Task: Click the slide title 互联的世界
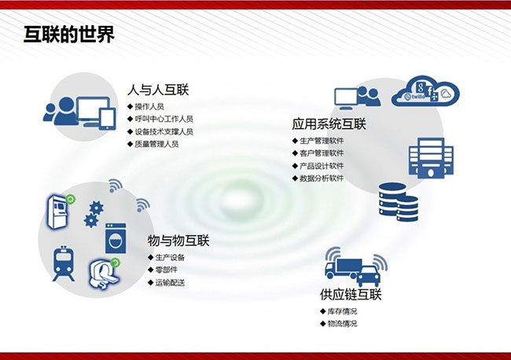pos(69,35)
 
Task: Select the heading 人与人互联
pos(158,90)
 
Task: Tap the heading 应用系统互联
pos(329,124)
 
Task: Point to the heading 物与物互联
pos(178,241)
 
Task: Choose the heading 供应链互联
pos(351,295)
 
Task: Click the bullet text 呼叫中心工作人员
pos(164,119)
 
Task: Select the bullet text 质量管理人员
pos(156,144)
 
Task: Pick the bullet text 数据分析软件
pos(322,178)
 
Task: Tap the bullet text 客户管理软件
pos(322,153)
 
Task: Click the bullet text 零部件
pos(166,270)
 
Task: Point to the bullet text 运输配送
pos(170,282)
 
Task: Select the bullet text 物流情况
pos(342,324)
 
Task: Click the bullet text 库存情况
pos(342,311)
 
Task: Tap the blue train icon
pos(64,263)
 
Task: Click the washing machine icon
pos(116,238)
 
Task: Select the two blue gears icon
pos(94,214)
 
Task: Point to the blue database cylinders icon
pos(399,202)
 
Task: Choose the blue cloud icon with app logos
pos(425,91)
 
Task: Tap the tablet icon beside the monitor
pos(108,119)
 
